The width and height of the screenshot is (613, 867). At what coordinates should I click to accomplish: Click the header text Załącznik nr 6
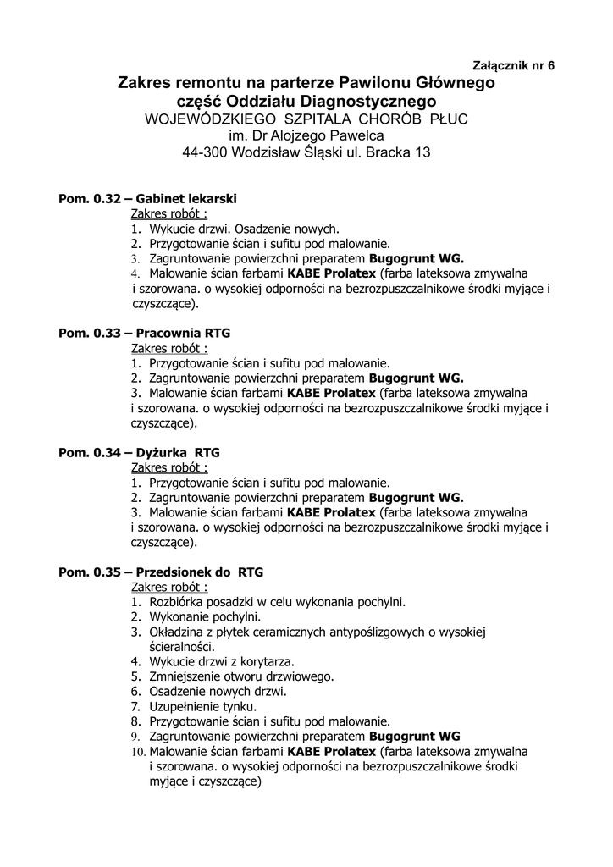(512, 65)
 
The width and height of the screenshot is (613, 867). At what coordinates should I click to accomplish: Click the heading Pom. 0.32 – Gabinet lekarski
(147, 198)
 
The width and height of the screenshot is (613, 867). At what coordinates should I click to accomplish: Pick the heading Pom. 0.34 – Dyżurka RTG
(138, 452)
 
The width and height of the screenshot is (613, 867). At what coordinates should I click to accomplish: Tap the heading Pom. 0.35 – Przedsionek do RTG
(160, 572)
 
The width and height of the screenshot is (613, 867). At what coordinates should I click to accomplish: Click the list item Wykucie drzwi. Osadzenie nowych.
(244, 229)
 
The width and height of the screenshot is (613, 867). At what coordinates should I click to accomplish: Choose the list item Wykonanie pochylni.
(205, 616)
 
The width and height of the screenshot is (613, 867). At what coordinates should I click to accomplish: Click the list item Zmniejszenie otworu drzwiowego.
(241, 676)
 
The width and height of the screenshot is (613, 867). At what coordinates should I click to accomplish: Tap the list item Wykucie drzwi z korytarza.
(221, 660)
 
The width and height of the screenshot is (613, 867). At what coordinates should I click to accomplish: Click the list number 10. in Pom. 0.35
(138, 751)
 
